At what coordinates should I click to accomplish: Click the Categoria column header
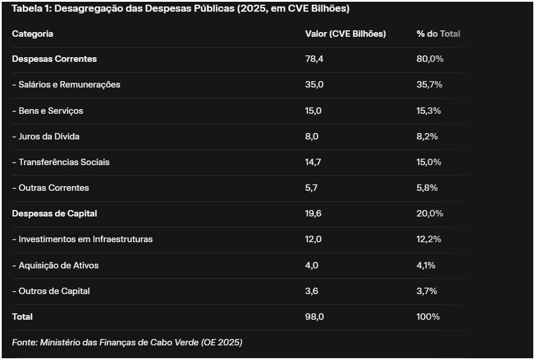(x=33, y=34)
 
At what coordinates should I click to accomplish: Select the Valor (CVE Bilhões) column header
(x=345, y=34)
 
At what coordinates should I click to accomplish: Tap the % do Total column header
(x=438, y=34)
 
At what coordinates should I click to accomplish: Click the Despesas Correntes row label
(x=54, y=59)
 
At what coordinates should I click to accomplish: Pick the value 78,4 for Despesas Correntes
(x=314, y=59)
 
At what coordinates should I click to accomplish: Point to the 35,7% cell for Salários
(x=429, y=85)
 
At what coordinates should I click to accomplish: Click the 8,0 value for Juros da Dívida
(x=312, y=137)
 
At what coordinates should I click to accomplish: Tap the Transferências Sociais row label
(x=61, y=162)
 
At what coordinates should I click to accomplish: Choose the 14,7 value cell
(x=313, y=162)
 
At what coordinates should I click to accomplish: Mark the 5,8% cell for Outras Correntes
(x=427, y=188)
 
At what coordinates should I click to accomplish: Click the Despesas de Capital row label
(x=54, y=214)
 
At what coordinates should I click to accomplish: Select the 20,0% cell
(x=429, y=214)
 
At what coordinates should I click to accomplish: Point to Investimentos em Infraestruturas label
(x=82, y=239)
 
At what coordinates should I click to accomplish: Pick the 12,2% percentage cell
(x=429, y=239)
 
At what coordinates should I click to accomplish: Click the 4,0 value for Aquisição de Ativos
(x=312, y=265)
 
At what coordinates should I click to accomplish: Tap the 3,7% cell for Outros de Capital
(x=427, y=291)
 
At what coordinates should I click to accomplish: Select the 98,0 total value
(x=314, y=317)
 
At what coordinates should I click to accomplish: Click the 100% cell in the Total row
(x=428, y=317)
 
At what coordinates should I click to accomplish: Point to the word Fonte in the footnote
(x=24, y=342)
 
